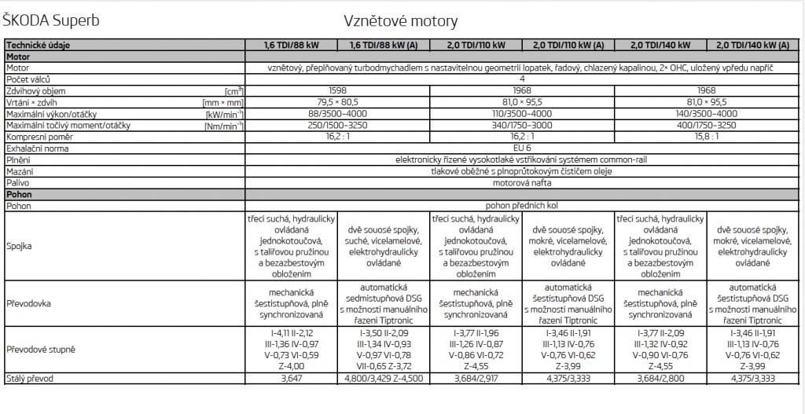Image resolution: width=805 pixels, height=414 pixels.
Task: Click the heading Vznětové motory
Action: point(400,20)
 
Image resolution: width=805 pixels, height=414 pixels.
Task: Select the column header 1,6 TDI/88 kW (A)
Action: point(384,45)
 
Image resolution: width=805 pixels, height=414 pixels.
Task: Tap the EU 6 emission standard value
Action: point(522,148)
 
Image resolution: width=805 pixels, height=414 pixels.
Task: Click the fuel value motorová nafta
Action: point(522,181)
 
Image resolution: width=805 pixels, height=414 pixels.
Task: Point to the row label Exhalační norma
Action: point(37,148)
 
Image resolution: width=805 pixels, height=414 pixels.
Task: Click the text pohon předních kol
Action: point(522,204)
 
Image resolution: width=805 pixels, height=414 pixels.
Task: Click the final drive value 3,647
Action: point(292,379)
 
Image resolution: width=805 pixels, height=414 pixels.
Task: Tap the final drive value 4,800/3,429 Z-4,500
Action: point(384,379)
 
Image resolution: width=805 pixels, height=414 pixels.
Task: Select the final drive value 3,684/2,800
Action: point(661,379)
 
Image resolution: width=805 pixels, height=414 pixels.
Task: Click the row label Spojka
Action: point(20,246)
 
